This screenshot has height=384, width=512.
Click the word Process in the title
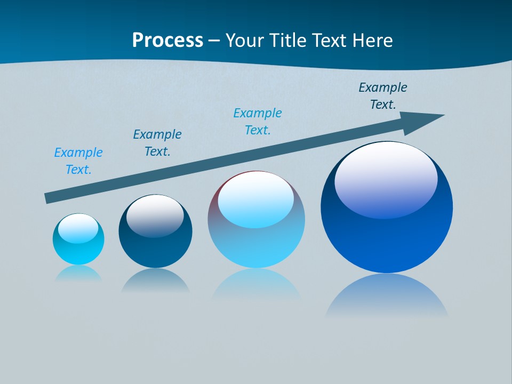coord(167,41)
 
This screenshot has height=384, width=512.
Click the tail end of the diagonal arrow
coord(48,198)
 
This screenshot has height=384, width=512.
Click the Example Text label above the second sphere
coord(157,143)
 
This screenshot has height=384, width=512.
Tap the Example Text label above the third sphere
coord(258,122)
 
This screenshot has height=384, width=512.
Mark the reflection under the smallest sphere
coord(78,274)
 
